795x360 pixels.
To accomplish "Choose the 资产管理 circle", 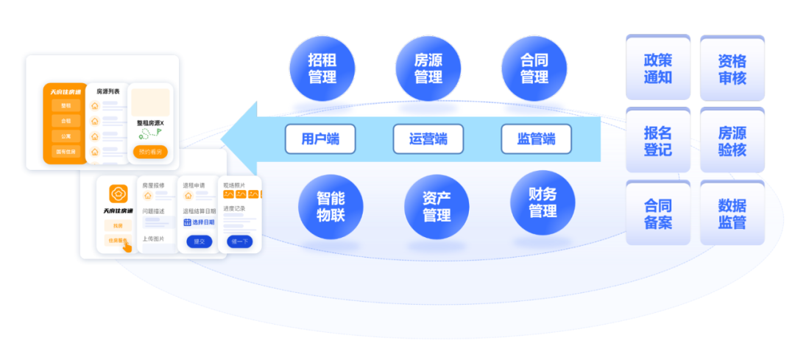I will click(x=437, y=207).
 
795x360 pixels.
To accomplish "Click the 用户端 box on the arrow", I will click(x=320, y=138).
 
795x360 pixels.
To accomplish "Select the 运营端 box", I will click(x=428, y=138).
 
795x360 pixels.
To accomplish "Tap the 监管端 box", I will click(x=536, y=138).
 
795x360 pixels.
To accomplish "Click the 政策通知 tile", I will click(x=658, y=68).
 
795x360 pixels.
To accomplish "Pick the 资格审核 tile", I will click(x=732, y=68).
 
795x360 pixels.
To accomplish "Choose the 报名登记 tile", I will click(x=658, y=140).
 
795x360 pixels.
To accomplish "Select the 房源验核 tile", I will click(x=732, y=141).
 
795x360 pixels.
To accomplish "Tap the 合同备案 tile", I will click(x=658, y=213).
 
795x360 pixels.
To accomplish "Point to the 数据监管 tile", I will click(x=732, y=213).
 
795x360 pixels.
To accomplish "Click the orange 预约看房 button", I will click(x=150, y=152).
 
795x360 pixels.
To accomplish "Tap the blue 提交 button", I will click(x=199, y=241).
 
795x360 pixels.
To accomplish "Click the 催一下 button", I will click(x=240, y=241).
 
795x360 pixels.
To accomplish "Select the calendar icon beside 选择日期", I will click(x=187, y=222).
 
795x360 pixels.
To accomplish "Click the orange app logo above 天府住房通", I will click(x=119, y=194).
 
